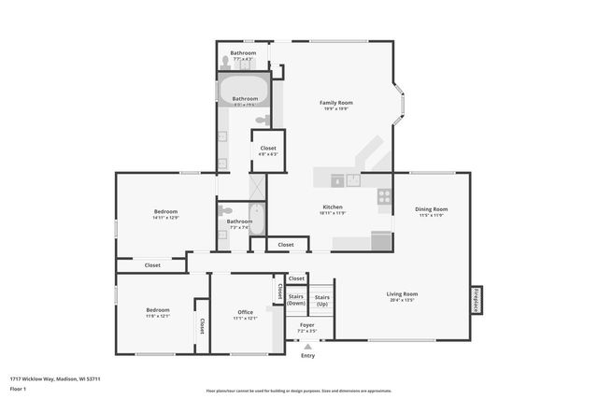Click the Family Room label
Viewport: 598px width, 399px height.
click(x=336, y=103)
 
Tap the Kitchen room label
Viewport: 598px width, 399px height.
click(x=333, y=207)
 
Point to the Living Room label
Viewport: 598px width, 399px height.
click(x=402, y=294)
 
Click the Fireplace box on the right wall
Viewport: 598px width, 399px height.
click(x=477, y=300)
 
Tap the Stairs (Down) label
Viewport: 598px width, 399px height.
click(x=296, y=299)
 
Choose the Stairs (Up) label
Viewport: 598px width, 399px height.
click(x=321, y=299)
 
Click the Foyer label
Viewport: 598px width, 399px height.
click(x=306, y=325)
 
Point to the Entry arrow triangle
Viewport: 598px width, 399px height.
click(x=307, y=346)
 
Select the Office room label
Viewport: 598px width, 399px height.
click(x=246, y=312)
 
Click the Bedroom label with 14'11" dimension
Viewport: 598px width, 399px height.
click(x=165, y=212)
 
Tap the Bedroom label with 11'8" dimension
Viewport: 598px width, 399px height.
click(x=157, y=310)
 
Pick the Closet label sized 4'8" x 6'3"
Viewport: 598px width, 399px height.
click(x=268, y=149)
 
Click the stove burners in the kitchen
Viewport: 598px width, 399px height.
click(x=383, y=196)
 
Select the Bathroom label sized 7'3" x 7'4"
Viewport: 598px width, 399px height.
click(x=239, y=221)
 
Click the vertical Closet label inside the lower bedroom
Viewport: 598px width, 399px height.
click(x=201, y=325)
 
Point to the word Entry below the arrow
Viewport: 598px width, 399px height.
click(x=307, y=356)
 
